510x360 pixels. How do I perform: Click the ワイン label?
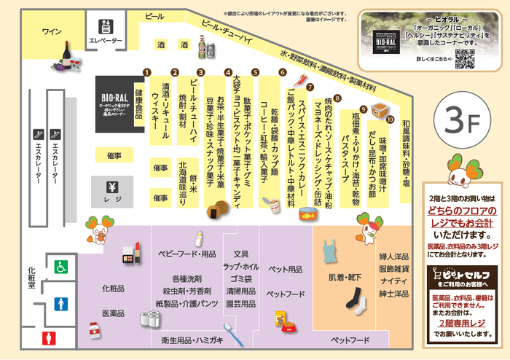coord(51,31)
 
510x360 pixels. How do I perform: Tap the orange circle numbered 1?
coord(146,73)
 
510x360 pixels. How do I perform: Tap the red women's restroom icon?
coord(49,337)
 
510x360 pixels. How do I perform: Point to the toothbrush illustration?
coord(232,334)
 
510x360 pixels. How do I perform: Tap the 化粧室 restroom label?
coord(31,278)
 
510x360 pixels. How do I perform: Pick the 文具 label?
coord(241,254)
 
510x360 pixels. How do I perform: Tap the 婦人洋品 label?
coord(393,257)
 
